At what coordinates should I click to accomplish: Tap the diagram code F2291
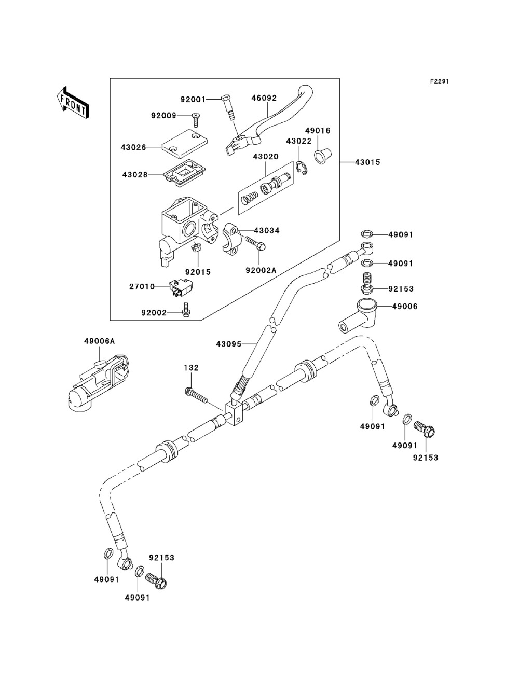pos(439,81)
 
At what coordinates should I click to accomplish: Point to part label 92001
pos(193,99)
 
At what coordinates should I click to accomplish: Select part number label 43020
pos(266,157)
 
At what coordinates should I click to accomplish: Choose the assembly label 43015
pos(367,162)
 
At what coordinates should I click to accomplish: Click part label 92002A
pos(261,271)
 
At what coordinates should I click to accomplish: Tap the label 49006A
pos(99,341)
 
